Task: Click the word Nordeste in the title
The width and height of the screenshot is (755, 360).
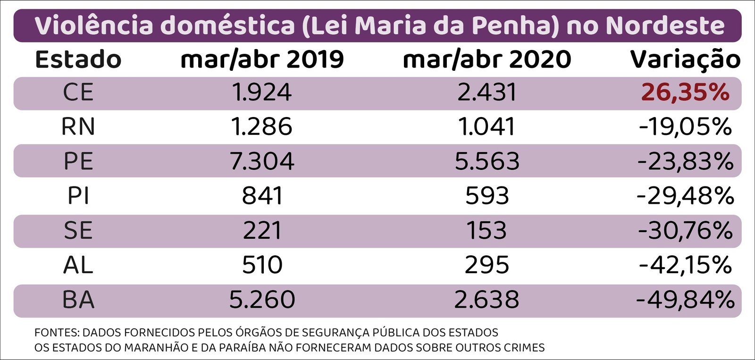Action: click(665, 25)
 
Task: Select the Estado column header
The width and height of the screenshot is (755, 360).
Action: click(78, 60)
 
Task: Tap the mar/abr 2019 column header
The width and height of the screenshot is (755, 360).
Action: click(262, 60)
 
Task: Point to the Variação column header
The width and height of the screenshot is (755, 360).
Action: click(685, 60)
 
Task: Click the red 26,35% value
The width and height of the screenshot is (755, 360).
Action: click(685, 92)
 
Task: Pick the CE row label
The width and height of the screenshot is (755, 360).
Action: click(78, 92)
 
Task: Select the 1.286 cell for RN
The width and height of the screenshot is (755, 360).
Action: click(262, 127)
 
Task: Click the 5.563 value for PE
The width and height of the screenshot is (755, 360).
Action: click(487, 161)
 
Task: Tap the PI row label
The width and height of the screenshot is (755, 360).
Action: click(78, 196)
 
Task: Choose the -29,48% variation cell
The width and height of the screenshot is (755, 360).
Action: click(685, 196)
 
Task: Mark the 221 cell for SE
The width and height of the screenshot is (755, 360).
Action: click(262, 231)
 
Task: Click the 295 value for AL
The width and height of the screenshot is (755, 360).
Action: click(487, 265)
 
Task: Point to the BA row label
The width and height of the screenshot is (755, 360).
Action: click(78, 300)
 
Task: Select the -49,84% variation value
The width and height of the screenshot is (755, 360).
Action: click(685, 300)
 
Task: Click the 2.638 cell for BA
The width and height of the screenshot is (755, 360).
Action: click(487, 300)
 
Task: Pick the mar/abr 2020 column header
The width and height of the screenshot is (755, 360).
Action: click(487, 60)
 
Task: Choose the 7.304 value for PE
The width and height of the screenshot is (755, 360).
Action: click(262, 161)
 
